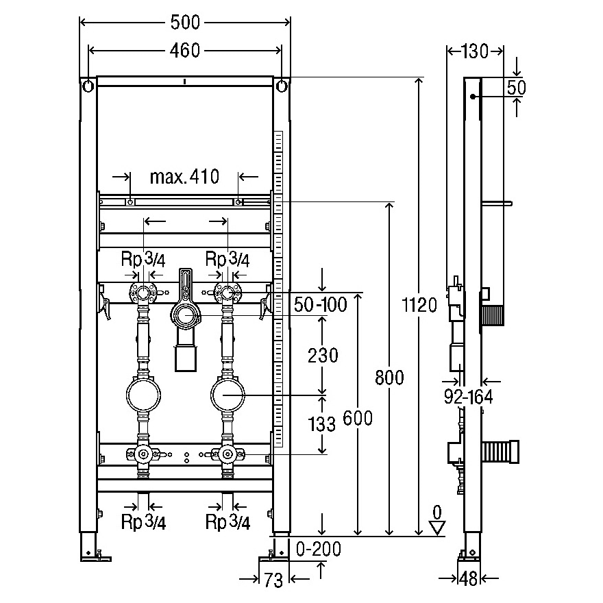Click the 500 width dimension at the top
coord(186,23)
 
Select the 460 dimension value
coord(186,51)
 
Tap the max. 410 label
coord(184,177)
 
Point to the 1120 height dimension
coord(419,305)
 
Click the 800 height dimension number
coord(389,376)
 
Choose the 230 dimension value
coord(323,355)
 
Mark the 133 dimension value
coord(323,425)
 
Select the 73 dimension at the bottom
coord(273,580)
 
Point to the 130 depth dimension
coord(474,51)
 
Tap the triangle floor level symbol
coord(437,528)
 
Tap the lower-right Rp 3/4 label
coord(228,522)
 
